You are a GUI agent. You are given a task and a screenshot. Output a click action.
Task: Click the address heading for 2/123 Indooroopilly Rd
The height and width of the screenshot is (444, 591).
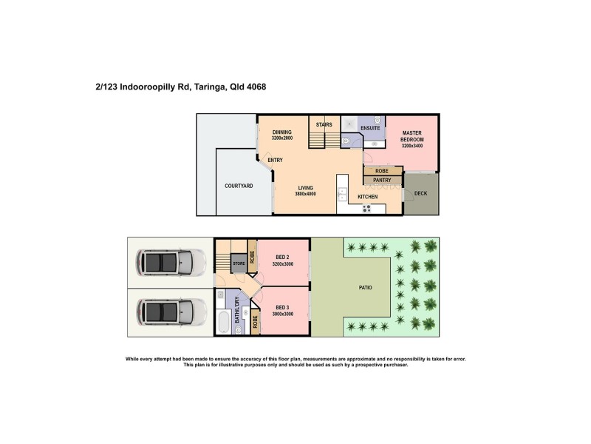[181, 87]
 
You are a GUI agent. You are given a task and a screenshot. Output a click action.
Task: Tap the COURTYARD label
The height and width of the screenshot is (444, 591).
[239, 186]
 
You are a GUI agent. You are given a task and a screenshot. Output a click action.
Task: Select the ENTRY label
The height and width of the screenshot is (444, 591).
[275, 161]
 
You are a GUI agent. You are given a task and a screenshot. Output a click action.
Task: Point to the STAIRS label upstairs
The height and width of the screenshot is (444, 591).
[324, 125]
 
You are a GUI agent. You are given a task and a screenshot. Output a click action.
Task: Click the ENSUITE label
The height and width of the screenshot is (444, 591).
[370, 129]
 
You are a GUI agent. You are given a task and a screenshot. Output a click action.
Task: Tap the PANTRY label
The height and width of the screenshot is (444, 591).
[382, 180]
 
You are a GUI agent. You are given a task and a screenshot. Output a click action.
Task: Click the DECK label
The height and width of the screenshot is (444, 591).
[420, 194]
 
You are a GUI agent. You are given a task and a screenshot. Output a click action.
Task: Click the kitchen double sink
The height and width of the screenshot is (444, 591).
[342, 195]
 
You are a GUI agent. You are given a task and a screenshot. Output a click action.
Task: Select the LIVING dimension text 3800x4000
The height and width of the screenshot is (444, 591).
[306, 194]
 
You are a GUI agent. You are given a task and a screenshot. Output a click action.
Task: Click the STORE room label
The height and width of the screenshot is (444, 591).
[239, 263]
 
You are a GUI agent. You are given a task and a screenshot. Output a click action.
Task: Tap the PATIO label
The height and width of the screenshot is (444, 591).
[365, 287]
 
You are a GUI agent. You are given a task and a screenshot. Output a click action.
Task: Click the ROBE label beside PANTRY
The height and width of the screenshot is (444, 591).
[382, 171]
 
